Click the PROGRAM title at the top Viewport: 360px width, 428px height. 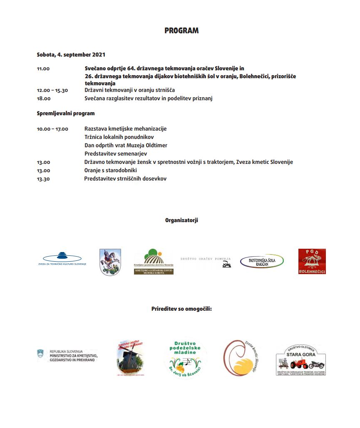click(181, 31)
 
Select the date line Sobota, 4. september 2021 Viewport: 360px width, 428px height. click(71, 54)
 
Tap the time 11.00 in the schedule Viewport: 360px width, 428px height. click(43, 69)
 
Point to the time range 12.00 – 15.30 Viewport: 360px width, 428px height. click(52, 90)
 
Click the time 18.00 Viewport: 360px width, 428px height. click(43, 99)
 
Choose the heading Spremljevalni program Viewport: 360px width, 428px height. click(65, 113)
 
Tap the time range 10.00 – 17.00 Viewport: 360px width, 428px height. click(52, 129)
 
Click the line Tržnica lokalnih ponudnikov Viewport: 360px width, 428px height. click(119, 137)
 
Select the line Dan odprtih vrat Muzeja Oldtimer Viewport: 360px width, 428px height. click(126, 145)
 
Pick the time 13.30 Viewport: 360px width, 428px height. click(43, 179)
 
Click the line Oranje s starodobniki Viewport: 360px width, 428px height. click(110, 170)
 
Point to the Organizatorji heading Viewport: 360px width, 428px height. click(181, 220)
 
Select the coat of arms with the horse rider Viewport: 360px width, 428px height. click(110, 262)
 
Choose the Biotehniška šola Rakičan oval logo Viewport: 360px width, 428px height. click(262, 261)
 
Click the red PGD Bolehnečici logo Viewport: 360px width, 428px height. click(312, 261)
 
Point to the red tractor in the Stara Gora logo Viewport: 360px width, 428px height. click(300, 365)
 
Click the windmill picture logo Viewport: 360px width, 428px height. click(131, 358)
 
